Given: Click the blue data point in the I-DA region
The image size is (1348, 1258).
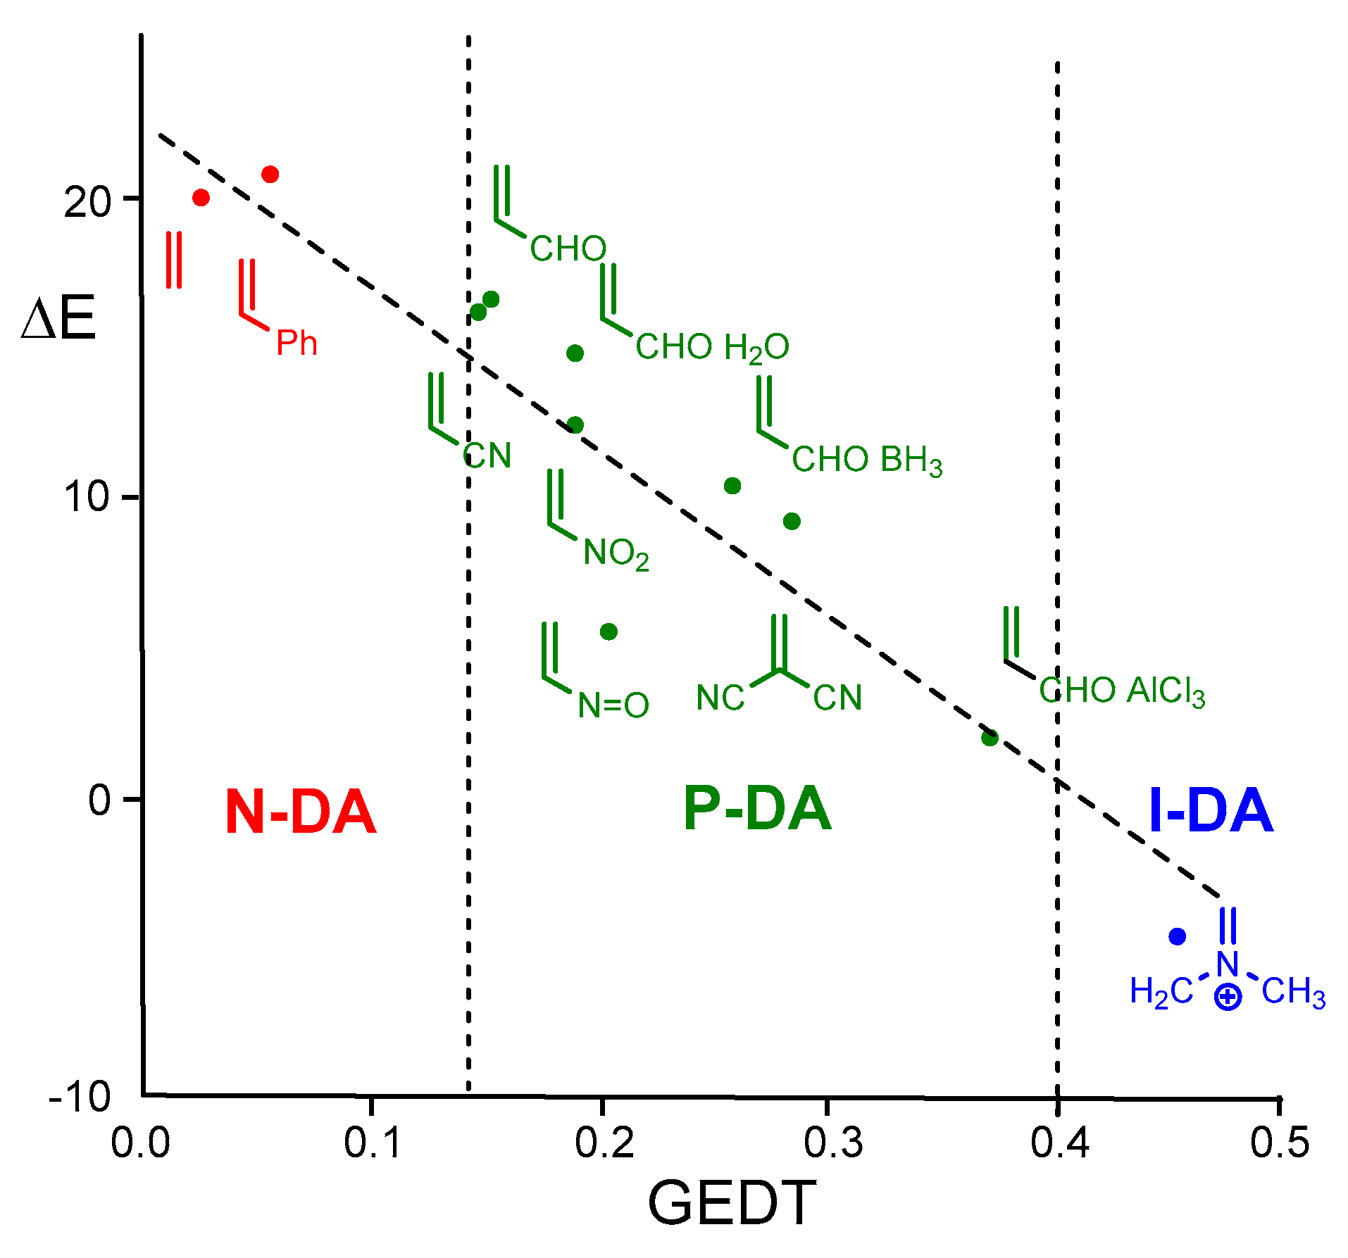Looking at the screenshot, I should coord(1177,936).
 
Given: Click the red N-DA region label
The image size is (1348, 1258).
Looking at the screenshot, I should coord(301,812).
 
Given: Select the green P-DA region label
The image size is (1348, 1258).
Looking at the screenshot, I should coord(757,809).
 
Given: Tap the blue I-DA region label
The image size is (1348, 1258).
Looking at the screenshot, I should coord(1211,810).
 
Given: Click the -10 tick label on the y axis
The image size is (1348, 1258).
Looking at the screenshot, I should coord(80,1096).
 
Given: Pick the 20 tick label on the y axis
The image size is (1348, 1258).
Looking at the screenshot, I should coord(87,203).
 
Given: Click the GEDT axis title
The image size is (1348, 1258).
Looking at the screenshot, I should coord(732,1204).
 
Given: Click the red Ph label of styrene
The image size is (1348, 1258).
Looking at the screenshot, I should coord(297,343).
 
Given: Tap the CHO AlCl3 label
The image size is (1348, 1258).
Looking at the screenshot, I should coord(1122,691).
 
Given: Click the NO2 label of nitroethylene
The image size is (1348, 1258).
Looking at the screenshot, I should coord(616,554).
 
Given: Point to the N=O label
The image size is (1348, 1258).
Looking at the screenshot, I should coord(613,705).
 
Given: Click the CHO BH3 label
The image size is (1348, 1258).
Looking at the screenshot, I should coord(866,460).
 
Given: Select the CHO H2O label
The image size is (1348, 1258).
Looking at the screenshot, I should coord(712,348).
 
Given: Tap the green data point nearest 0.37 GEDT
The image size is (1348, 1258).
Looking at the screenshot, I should coord(990,738).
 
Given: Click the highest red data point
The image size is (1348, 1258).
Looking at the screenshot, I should coord(270,174).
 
